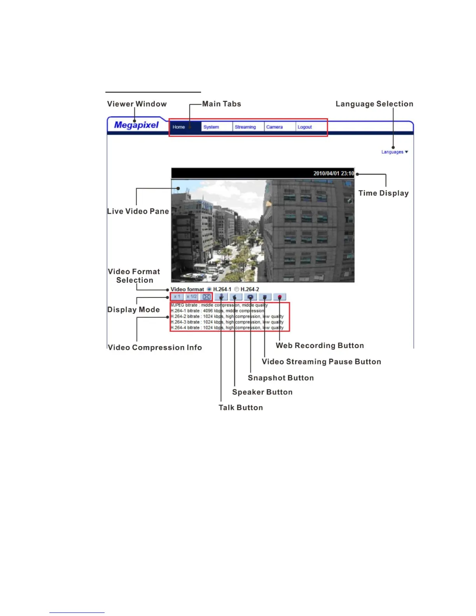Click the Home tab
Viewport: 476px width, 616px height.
(179, 127)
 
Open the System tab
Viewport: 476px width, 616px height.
(211, 127)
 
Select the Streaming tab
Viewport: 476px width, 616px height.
(245, 127)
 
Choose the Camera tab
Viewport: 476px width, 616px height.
(274, 127)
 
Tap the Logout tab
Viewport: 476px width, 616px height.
(304, 127)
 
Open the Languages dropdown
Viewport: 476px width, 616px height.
(394, 152)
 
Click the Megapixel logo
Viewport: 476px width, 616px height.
(136, 125)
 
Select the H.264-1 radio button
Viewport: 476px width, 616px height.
(209, 289)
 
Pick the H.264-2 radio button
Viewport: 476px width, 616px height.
(236, 289)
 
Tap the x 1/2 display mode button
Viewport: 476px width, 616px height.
(191, 297)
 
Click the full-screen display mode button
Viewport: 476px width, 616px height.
(206, 297)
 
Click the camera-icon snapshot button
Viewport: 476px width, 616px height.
(250, 297)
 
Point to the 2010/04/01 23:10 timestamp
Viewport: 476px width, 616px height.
(333, 173)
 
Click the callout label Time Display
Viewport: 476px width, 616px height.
(383, 193)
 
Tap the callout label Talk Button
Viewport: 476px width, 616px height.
(240, 408)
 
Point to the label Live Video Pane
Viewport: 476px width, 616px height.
(138, 212)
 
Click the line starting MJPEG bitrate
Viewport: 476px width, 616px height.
(219, 305)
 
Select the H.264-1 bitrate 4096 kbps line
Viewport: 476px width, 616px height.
(217, 311)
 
